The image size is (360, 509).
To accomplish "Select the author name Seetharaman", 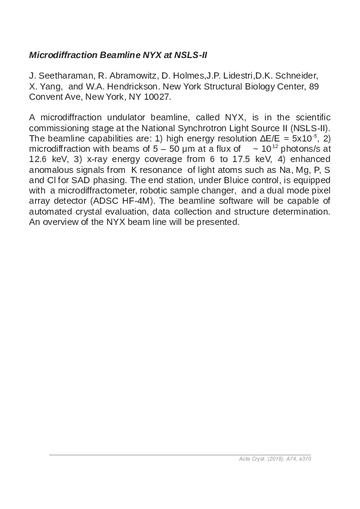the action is pyautogui.click(x=64, y=76).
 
